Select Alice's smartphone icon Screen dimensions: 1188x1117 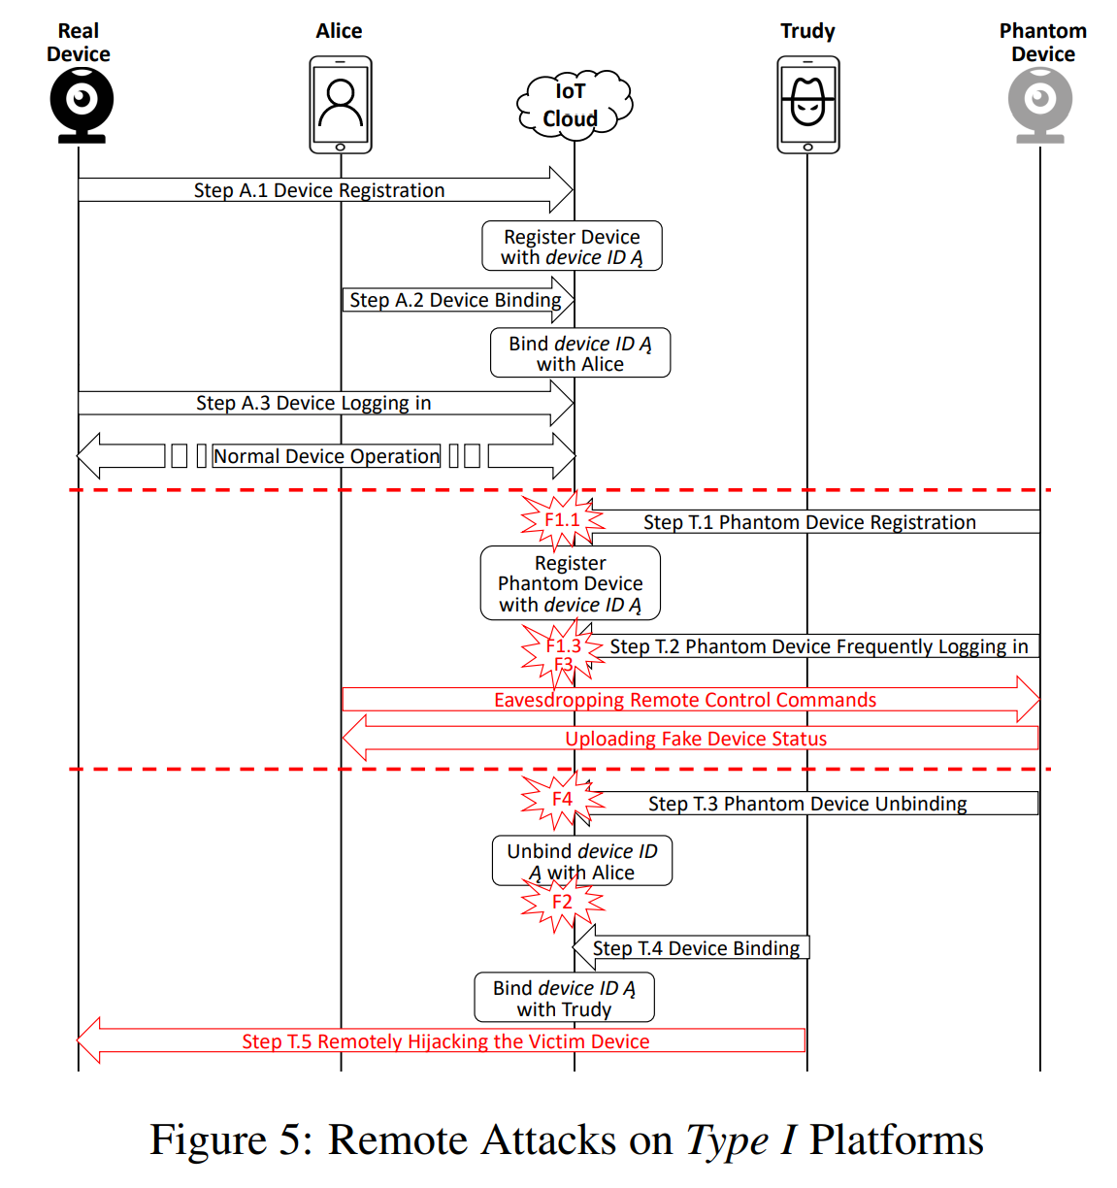click(x=341, y=105)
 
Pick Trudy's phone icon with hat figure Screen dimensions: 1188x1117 click(x=807, y=105)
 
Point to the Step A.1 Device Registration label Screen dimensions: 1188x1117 click(x=319, y=190)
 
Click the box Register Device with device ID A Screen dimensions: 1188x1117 click(x=572, y=247)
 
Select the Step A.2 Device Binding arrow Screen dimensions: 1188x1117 click(x=456, y=300)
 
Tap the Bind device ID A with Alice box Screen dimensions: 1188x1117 click(x=580, y=353)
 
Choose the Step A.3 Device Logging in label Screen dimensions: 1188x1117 click(x=313, y=403)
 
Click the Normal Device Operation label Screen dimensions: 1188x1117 click(x=326, y=456)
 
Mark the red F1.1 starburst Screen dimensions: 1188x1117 click(x=562, y=520)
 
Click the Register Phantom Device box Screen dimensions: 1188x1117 click(x=571, y=583)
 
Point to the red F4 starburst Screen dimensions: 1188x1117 click(x=562, y=800)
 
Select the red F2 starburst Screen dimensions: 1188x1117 click(x=562, y=903)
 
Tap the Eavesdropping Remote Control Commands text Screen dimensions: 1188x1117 click(x=685, y=700)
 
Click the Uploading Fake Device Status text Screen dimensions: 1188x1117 click(x=696, y=739)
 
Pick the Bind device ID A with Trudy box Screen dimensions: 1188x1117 click(x=564, y=998)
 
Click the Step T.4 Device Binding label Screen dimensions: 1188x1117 click(x=697, y=948)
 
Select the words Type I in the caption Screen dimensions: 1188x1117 click(x=740, y=1140)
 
